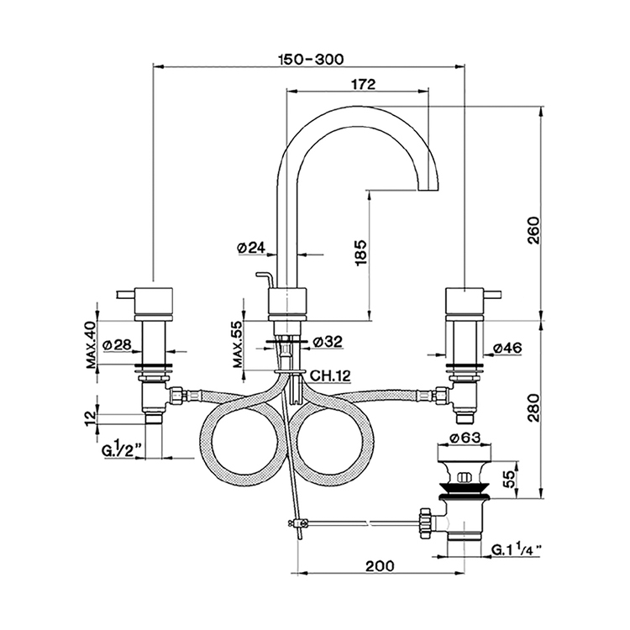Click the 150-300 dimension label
click(x=312, y=59)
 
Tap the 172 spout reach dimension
click(x=363, y=84)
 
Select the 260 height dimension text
click(x=534, y=230)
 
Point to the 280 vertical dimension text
click(x=534, y=407)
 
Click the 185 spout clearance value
click(x=361, y=252)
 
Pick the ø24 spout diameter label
click(x=251, y=248)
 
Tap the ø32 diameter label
click(x=327, y=342)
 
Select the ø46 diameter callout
click(x=507, y=348)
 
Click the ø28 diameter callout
click(x=118, y=344)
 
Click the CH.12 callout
click(x=331, y=375)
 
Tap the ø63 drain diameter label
click(x=465, y=438)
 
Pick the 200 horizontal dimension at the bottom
click(x=380, y=565)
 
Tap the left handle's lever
click(x=126, y=295)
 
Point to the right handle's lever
click(x=493, y=294)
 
